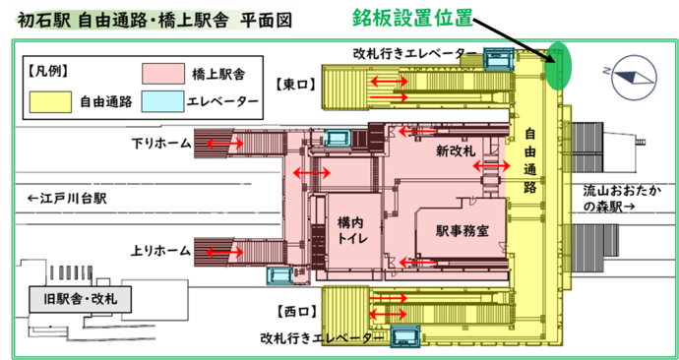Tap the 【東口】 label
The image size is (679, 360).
coord(294,85)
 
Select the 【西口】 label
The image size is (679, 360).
coord(294,312)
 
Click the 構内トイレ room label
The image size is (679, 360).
coord(351,232)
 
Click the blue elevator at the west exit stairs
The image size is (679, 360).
coord(404,336)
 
